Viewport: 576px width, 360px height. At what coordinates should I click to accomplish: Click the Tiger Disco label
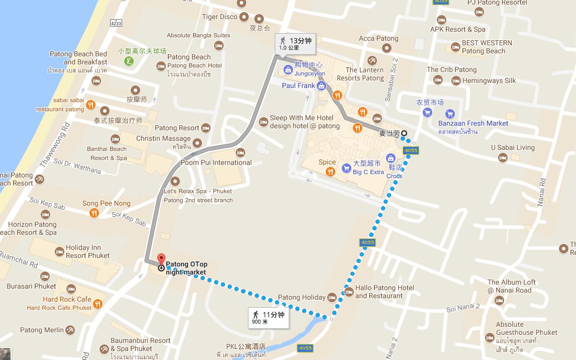(x=220, y=17)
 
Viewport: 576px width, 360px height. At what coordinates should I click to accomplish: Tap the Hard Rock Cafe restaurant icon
(x=98, y=303)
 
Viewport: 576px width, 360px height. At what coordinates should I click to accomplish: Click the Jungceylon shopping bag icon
(x=289, y=69)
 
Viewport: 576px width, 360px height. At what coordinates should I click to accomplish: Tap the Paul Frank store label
(x=298, y=85)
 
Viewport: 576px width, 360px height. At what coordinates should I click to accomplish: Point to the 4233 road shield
(x=116, y=23)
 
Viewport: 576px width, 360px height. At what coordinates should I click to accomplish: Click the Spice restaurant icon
(x=330, y=171)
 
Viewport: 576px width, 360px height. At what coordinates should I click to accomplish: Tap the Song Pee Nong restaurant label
(x=106, y=204)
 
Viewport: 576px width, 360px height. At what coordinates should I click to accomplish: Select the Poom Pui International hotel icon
(x=240, y=152)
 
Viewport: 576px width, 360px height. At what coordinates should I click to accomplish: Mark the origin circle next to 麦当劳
(x=404, y=133)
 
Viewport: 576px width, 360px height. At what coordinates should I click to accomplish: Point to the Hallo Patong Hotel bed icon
(x=349, y=292)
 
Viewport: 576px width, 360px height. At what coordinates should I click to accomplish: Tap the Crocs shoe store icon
(x=391, y=159)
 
